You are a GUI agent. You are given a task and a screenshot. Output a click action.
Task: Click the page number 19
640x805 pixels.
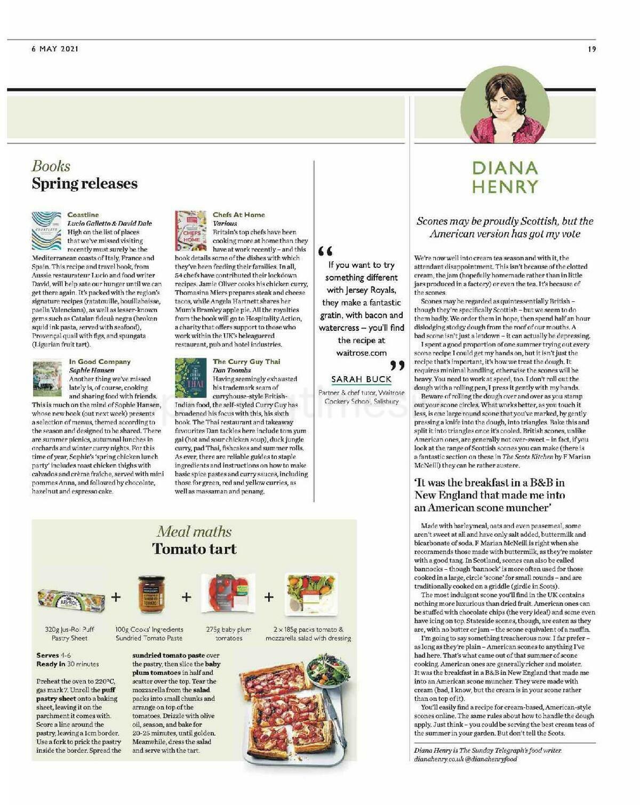(591, 49)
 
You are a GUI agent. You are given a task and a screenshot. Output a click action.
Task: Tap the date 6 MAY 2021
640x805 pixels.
(55, 49)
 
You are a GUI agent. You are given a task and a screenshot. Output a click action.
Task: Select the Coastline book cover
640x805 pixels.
(46, 231)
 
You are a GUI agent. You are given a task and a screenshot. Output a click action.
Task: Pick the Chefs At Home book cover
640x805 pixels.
(190, 231)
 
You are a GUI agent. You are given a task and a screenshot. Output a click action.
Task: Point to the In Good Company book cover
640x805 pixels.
(47, 378)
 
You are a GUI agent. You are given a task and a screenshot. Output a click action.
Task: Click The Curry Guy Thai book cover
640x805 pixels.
(190, 378)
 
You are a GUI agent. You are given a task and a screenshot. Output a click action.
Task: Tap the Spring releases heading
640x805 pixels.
(84, 184)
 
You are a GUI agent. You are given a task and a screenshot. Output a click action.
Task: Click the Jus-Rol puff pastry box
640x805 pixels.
(71, 600)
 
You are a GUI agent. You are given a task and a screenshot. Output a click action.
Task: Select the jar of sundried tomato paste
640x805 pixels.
(151, 594)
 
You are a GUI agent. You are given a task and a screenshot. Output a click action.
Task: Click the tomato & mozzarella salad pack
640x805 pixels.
(311, 594)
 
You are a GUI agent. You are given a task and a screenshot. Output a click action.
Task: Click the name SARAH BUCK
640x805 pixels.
(361, 379)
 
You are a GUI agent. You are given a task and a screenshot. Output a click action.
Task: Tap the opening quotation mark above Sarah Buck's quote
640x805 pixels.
(325, 251)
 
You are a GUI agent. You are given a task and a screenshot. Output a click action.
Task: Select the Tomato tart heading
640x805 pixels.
(194, 549)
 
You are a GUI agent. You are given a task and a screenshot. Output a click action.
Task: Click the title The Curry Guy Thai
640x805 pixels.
(246, 362)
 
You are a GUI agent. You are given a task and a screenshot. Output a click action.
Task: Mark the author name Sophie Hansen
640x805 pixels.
(91, 370)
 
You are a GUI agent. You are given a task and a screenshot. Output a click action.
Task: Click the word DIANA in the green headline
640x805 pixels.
(505, 169)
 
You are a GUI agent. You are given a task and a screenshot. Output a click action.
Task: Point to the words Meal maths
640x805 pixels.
(194, 531)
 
